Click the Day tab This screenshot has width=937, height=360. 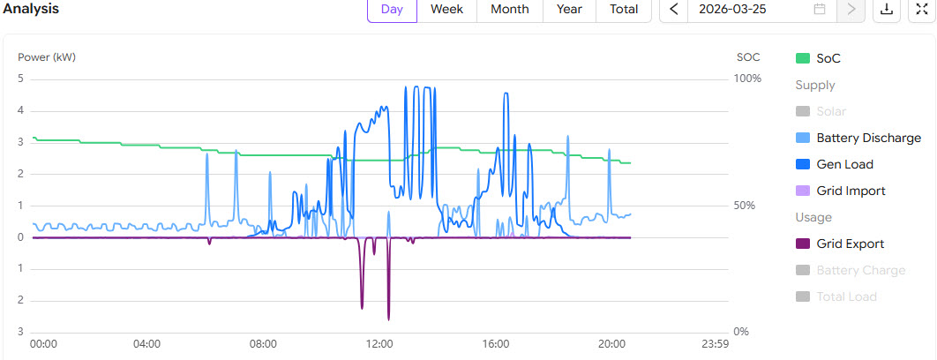coord(392,10)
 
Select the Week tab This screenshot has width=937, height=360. coord(447,10)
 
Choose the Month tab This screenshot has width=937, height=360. coord(509,10)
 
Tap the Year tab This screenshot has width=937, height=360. coord(569,10)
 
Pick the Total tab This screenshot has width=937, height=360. coord(623,10)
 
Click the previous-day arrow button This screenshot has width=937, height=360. coord(674,10)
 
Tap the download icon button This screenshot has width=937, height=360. coord(885,10)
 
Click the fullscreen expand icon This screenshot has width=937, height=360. coord(922,10)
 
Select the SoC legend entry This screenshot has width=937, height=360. coord(828,58)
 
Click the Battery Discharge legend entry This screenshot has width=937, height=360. coord(868,138)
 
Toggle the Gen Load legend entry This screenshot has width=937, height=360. coord(844,164)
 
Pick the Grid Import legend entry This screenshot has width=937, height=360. coord(851,191)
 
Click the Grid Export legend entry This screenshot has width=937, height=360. coord(850,244)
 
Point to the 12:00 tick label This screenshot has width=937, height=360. coord(379,343)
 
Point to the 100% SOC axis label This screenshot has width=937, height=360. coord(747,79)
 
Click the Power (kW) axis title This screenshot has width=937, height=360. coord(47,57)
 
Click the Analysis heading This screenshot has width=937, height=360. coord(33,9)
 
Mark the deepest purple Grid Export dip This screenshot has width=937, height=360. coord(388,318)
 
